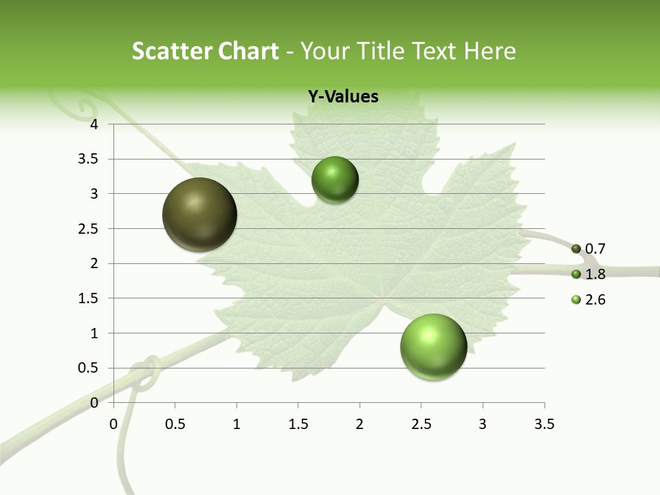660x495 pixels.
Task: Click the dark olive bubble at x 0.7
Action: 200,214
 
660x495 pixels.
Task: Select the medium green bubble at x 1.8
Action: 335,179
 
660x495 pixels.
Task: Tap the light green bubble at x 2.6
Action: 434,346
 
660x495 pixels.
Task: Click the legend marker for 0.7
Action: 576,249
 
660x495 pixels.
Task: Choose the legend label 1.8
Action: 595,274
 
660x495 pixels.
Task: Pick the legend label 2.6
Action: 595,300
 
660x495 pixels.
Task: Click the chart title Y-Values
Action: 343,97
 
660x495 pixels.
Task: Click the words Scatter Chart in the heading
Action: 206,51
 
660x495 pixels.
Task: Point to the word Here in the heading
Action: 489,51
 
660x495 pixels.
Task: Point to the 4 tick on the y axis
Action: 95,124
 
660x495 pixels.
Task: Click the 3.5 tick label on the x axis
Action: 544,424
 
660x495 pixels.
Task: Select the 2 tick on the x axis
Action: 360,424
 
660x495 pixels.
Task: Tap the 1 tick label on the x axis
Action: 236,424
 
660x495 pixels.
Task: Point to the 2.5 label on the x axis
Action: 421,424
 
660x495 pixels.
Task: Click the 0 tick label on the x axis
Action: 113,424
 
